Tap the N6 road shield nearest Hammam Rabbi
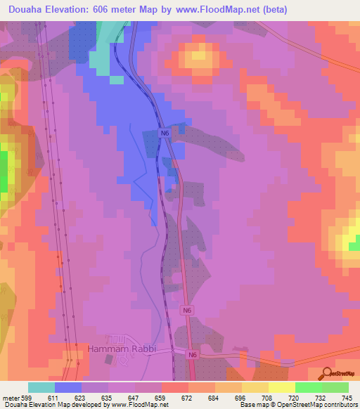pyautogui.click(x=192, y=356)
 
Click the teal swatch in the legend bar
pyautogui.click(x=41, y=387)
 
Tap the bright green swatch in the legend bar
pyautogui.click(x=309, y=387)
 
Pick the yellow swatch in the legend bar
pyautogui.click(x=282, y=387)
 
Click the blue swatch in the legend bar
pyautogui.click(x=68, y=387)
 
